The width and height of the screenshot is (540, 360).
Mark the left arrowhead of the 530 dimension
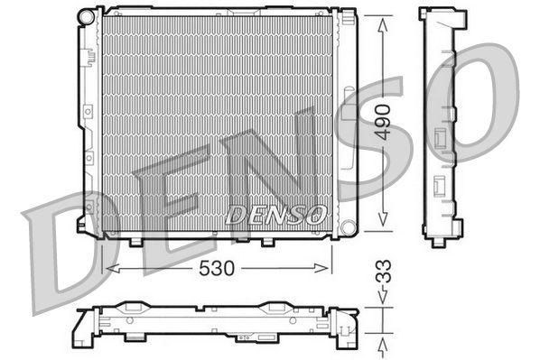coord(111,268)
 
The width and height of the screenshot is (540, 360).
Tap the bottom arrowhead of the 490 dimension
coord(384,220)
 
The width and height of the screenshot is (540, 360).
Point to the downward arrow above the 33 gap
coord(384,302)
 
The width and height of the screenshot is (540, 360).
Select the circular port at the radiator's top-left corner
coord(87,17)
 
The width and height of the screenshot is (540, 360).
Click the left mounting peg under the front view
coord(136,242)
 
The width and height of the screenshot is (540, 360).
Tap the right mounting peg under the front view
coord(268,242)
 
